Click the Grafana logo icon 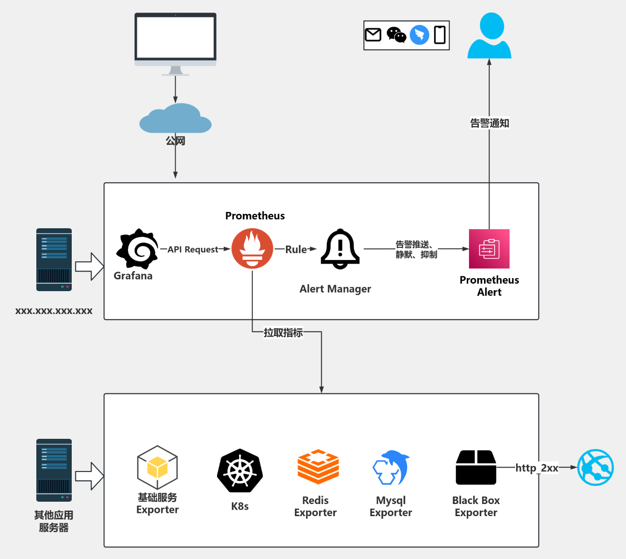coord(137,249)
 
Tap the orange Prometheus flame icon coord(252,249)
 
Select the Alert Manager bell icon coord(340,249)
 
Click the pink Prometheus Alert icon coord(489,249)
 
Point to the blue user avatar coord(489,36)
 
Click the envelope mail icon coord(373,35)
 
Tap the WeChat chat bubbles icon coord(396,35)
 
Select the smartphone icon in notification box coord(440,35)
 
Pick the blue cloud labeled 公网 coord(176,119)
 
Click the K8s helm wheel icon coord(240,471)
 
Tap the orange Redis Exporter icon coord(318,467)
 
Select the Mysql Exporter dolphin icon coord(391,468)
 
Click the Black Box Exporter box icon coord(476,467)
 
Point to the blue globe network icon coord(595,467)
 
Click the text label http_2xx coord(537,468)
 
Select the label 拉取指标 coord(283,333)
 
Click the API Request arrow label coord(193,249)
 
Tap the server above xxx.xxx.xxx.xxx coord(54,259)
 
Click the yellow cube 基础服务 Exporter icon coord(157,467)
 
